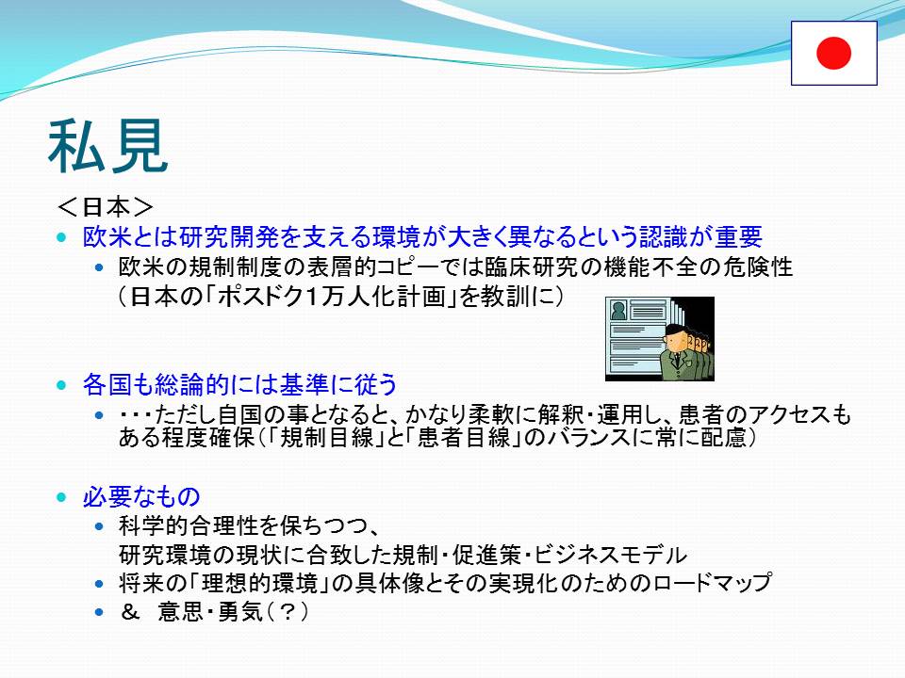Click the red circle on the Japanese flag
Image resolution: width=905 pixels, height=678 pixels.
click(x=833, y=53)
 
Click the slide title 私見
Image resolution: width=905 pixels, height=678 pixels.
click(x=107, y=147)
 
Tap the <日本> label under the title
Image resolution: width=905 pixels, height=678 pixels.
click(x=106, y=207)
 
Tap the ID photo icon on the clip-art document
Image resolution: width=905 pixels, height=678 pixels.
click(x=618, y=311)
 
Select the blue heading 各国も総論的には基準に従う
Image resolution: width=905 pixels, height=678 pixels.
click(x=239, y=384)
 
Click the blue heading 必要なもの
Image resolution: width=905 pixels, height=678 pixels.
click(x=141, y=496)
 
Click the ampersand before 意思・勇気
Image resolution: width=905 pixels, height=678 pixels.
click(x=130, y=612)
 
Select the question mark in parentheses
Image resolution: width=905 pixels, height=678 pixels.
click(x=287, y=612)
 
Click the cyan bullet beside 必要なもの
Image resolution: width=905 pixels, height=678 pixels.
click(x=62, y=497)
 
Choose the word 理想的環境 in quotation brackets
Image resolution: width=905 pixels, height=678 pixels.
click(x=259, y=583)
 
